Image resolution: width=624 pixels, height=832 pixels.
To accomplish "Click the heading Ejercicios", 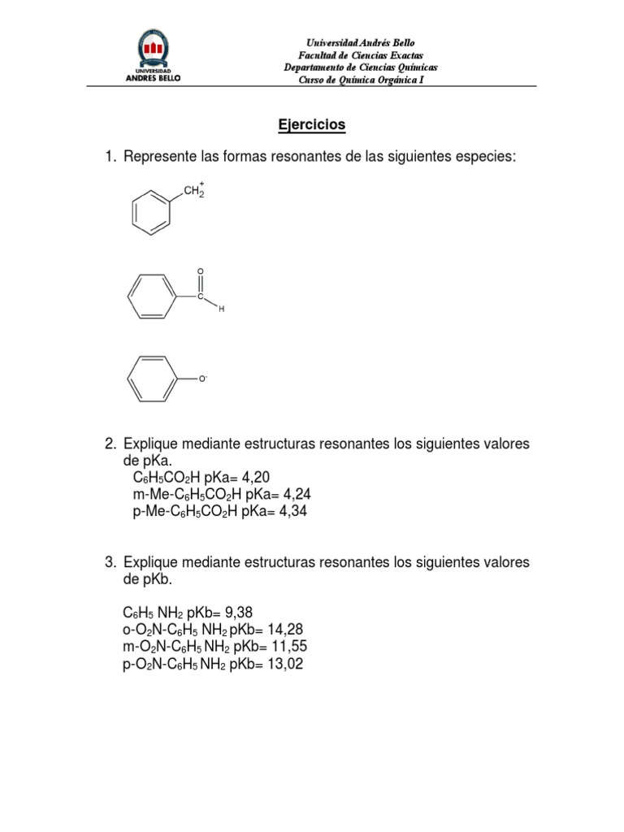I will click(x=312, y=125).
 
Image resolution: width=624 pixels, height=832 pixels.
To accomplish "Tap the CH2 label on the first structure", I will click(x=193, y=192).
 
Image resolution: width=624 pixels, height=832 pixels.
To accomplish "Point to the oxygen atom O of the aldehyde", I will click(x=200, y=271).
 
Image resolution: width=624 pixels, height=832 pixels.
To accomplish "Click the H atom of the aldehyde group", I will click(x=219, y=310).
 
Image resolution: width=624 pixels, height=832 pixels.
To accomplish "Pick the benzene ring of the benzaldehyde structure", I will click(x=151, y=297).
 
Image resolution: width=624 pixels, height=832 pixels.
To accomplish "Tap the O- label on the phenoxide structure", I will click(x=203, y=379).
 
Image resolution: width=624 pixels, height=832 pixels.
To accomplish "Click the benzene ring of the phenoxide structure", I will click(x=151, y=378).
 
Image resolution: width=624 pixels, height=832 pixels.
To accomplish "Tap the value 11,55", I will click(x=289, y=647).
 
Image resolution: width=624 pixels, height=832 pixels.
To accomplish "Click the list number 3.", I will click(x=110, y=562).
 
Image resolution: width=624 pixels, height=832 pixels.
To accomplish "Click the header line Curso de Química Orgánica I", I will click(x=361, y=79).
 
